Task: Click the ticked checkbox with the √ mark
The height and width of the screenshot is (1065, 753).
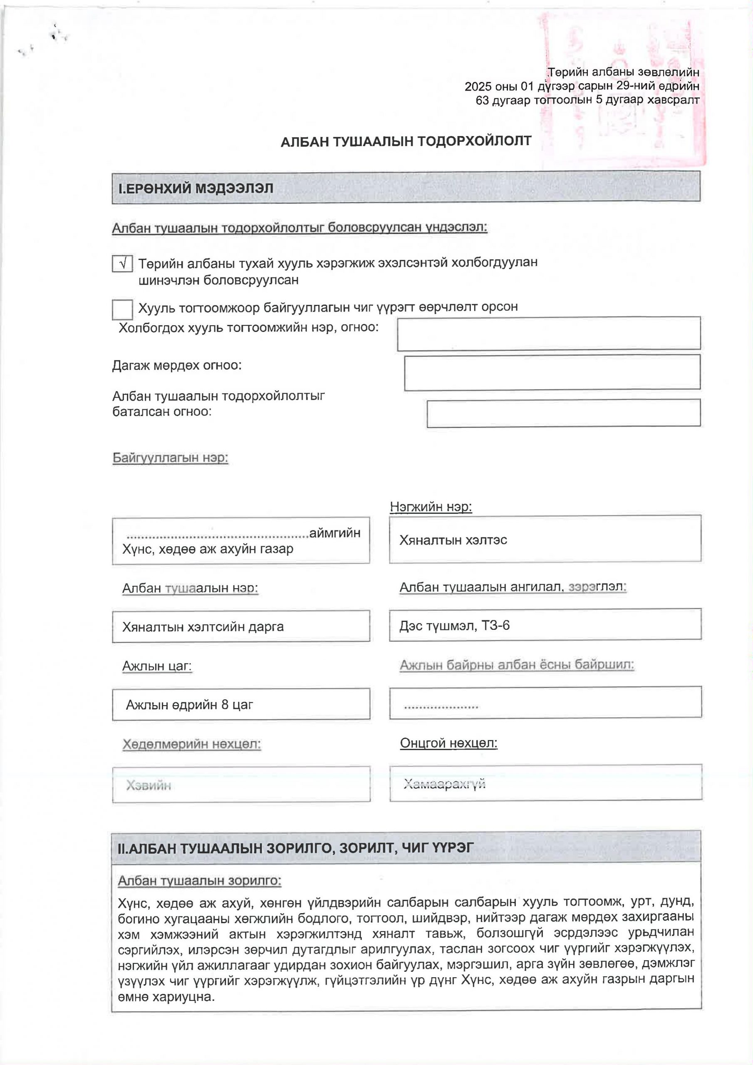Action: (x=122, y=263)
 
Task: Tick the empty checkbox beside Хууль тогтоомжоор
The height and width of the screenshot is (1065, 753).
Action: (x=122, y=310)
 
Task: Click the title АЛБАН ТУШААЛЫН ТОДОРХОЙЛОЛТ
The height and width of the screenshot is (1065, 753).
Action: (x=406, y=141)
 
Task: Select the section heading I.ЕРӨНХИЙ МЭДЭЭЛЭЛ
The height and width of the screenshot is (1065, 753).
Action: (x=196, y=188)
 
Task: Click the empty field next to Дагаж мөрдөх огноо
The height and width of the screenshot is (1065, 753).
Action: (x=552, y=372)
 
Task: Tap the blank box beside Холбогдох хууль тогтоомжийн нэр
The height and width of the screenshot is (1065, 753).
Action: (x=548, y=334)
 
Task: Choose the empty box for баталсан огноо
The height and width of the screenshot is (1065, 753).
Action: (x=563, y=413)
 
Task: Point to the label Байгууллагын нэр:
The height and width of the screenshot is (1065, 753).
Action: (x=170, y=458)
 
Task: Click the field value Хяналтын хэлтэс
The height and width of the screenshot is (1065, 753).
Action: (x=453, y=540)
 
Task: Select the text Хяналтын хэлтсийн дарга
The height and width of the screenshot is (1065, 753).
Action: (x=203, y=627)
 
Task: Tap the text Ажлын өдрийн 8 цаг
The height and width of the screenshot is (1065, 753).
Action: (x=190, y=705)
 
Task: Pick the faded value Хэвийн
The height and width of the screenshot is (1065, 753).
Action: (x=149, y=785)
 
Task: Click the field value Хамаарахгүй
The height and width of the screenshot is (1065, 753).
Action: (x=444, y=784)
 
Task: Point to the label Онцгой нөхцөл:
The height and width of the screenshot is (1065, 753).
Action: (x=448, y=743)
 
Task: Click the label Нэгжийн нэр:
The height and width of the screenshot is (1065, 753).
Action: (x=431, y=507)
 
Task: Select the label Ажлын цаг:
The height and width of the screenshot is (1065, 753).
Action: (x=157, y=666)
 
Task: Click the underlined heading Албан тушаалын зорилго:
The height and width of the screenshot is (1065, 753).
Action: (x=200, y=880)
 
